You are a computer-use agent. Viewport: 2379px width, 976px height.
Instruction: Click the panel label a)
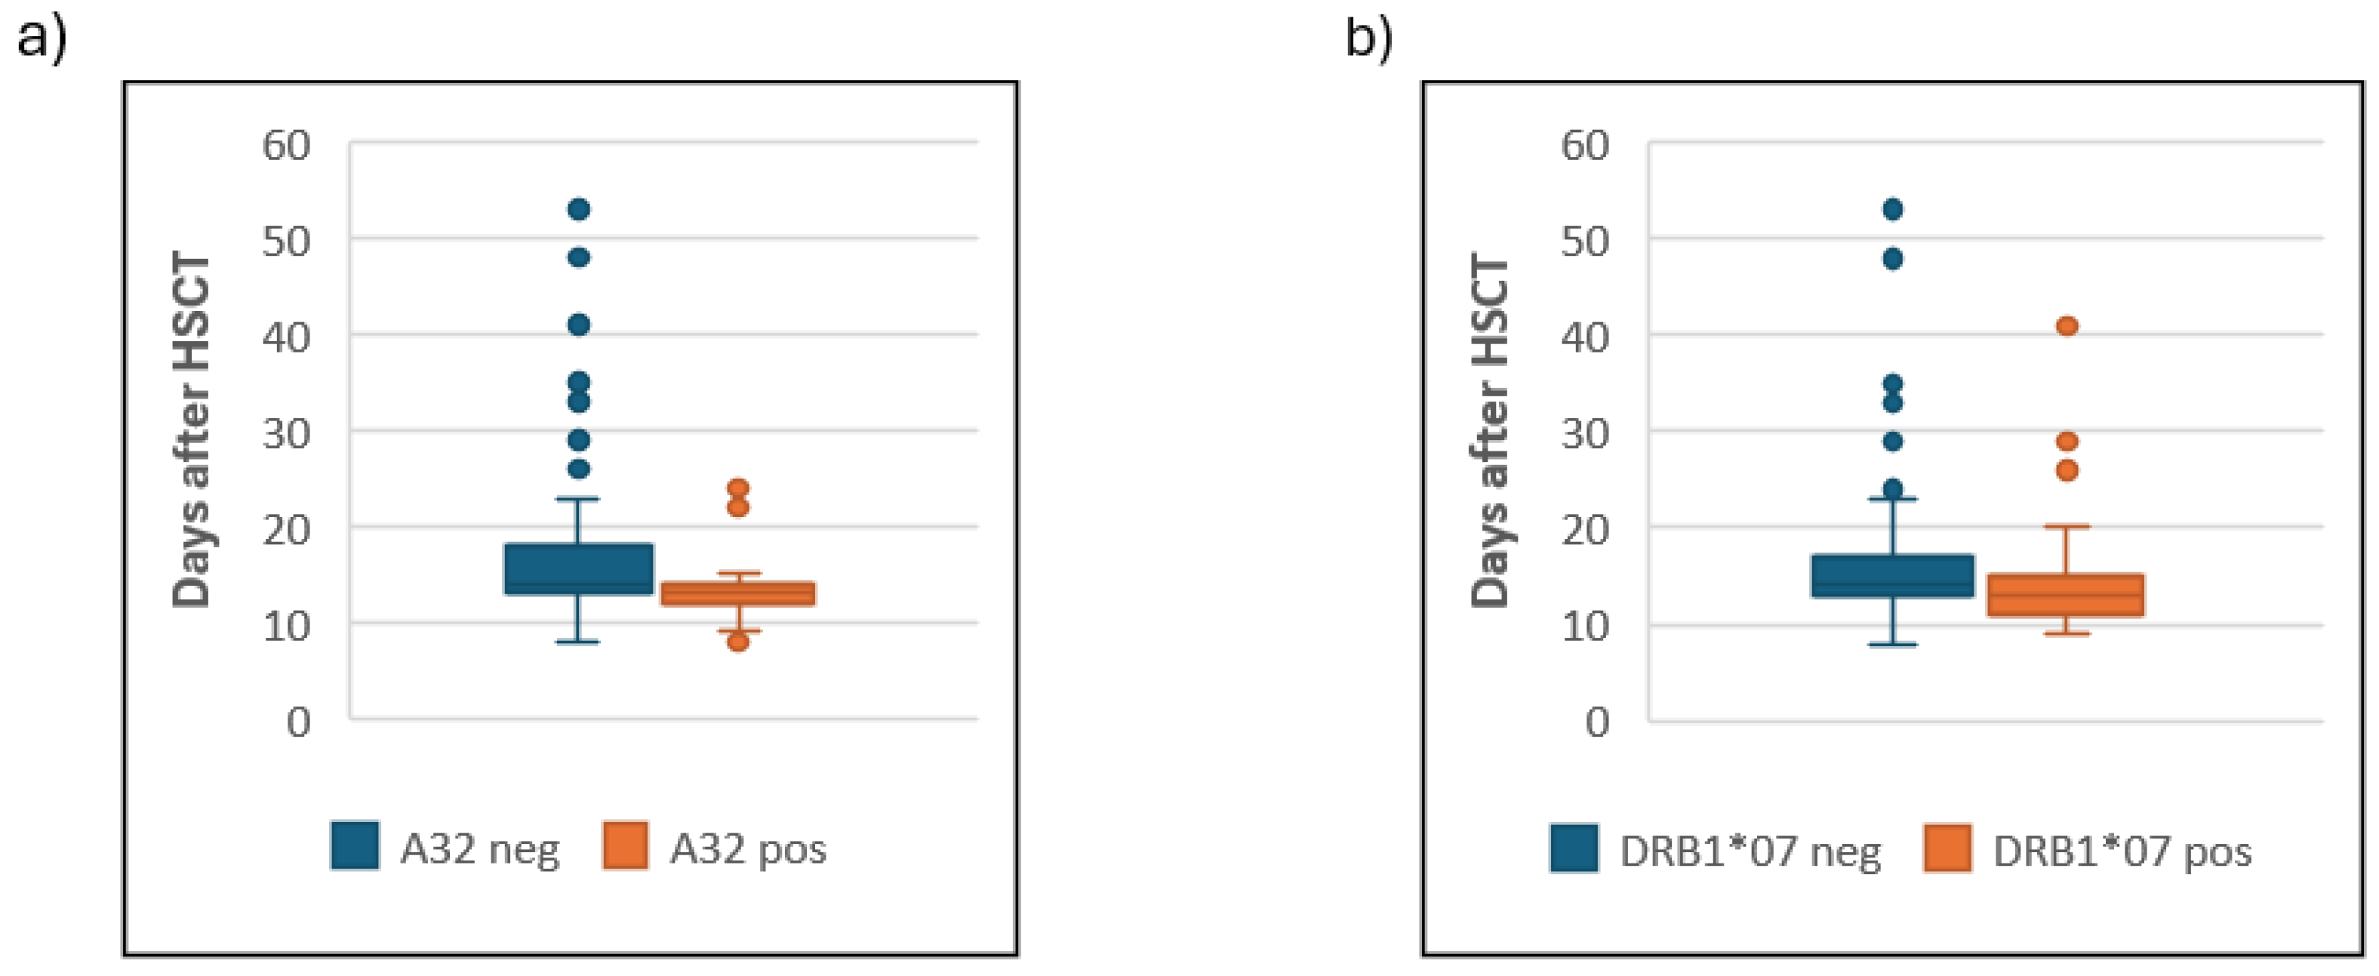pos(42,38)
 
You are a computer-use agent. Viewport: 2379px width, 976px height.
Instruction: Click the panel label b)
pos(1368,38)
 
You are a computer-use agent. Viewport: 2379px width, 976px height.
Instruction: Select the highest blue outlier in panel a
pos(579,210)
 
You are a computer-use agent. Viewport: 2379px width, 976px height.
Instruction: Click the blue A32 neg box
pos(579,569)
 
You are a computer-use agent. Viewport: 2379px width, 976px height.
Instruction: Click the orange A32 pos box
pos(738,594)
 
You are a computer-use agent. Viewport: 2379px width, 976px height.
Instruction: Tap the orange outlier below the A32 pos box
pos(738,642)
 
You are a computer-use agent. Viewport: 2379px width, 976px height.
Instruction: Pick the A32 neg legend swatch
pos(355,846)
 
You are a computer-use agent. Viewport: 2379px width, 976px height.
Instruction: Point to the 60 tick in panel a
pos(286,145)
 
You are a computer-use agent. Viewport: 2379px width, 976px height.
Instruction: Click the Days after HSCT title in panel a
pos(192,430)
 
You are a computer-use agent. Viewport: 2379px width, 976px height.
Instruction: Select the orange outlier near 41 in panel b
pos(2067,326)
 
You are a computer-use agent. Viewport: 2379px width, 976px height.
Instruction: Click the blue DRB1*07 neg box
pos(1892,576)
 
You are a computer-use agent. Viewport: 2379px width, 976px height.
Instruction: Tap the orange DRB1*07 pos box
pos(2066,595)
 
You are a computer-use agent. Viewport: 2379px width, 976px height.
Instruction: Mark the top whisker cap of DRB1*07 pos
pos(2066,526)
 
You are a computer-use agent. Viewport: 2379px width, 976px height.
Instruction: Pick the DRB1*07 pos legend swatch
pos(1948,848)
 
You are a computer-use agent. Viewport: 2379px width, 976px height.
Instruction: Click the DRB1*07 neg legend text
pos(1750,851)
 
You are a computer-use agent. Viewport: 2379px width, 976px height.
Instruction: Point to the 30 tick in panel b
pos(1585,434)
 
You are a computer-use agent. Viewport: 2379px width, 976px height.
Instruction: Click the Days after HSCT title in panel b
pos(1491,430)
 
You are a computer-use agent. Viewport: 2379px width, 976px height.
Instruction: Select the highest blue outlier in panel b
pos(1892,210)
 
